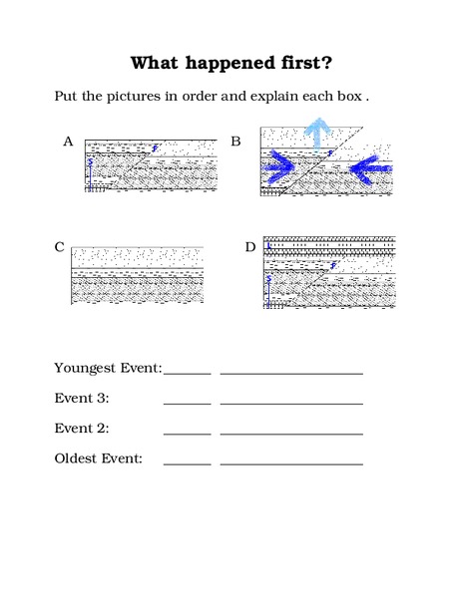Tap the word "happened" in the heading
pos(237,65)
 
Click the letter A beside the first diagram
pos(68,142)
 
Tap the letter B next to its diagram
pos(236,142)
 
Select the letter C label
pos(61,247)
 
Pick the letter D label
pos(250,246)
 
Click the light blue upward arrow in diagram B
pos(318,132)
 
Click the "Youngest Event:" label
pos(108,369)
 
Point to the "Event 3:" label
pos(82,399)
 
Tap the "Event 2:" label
pos(82,429)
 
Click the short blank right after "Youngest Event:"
pos(188,373)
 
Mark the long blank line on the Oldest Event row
pos(291,463)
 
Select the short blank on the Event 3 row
pos(188,403)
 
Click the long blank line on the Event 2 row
pos(291,434)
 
